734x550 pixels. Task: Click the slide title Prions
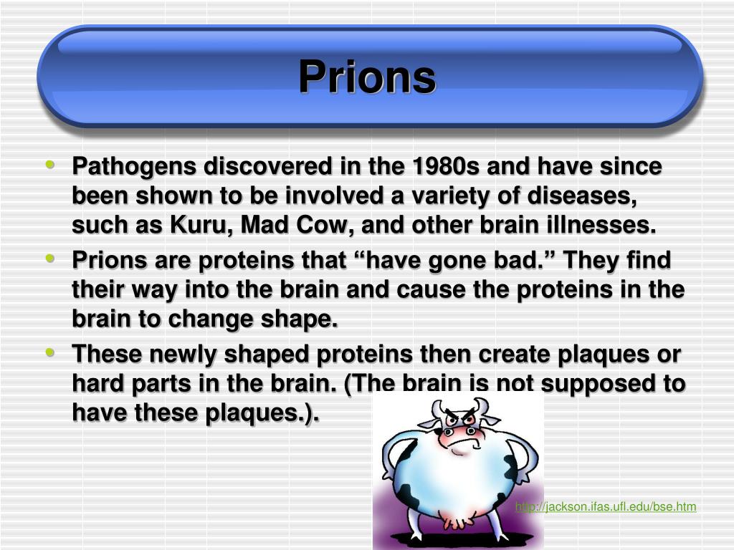pos(368,77)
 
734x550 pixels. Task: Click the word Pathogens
pos(134,167)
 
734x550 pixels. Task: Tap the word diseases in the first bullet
pos(582,196)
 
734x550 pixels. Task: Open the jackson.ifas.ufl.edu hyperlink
pos(606,506)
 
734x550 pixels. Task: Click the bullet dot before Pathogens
pos(50,164)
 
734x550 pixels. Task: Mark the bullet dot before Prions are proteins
pos(50,258)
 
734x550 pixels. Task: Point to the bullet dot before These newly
pos(50,352)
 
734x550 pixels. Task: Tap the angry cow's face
pos(459,430)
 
